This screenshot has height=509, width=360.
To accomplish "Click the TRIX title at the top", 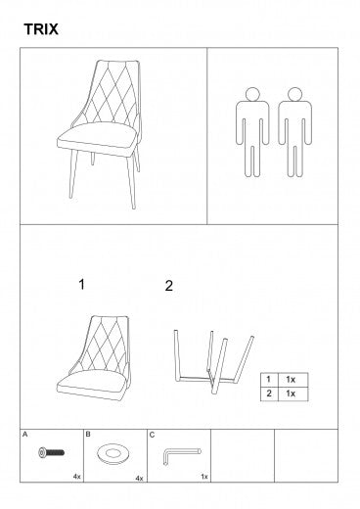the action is click(41, 29).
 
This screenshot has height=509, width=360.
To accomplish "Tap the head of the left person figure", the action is click(252, 94).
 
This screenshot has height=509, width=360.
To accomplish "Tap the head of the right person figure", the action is click(295, 94).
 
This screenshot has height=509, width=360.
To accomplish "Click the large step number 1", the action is click(82, 285).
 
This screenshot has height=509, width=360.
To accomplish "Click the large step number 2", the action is click(169, 286).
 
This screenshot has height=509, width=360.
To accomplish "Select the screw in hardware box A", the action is click(52, 452).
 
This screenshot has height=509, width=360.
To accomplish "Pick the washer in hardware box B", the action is click(112, 454).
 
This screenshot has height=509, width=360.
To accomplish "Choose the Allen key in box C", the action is click(181, 454).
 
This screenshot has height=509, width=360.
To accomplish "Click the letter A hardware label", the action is click(25, 435).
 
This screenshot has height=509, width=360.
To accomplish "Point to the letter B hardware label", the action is click(88, 435).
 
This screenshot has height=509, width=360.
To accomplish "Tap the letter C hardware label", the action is click(152, 435).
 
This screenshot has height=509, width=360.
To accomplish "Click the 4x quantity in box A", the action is click(76, 477).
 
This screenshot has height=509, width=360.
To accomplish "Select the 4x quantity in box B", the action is click(139, 479).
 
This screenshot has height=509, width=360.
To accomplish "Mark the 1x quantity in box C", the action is click(204, 477).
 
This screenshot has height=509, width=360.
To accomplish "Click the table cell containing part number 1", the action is click(269, 380).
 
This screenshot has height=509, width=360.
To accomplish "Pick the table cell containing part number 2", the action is click(269, 393).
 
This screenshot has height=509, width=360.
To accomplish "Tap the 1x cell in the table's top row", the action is click(292, 380).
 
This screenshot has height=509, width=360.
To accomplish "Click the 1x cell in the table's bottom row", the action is click(292, 393).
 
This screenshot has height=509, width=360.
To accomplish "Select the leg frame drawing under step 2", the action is click(213, 361).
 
